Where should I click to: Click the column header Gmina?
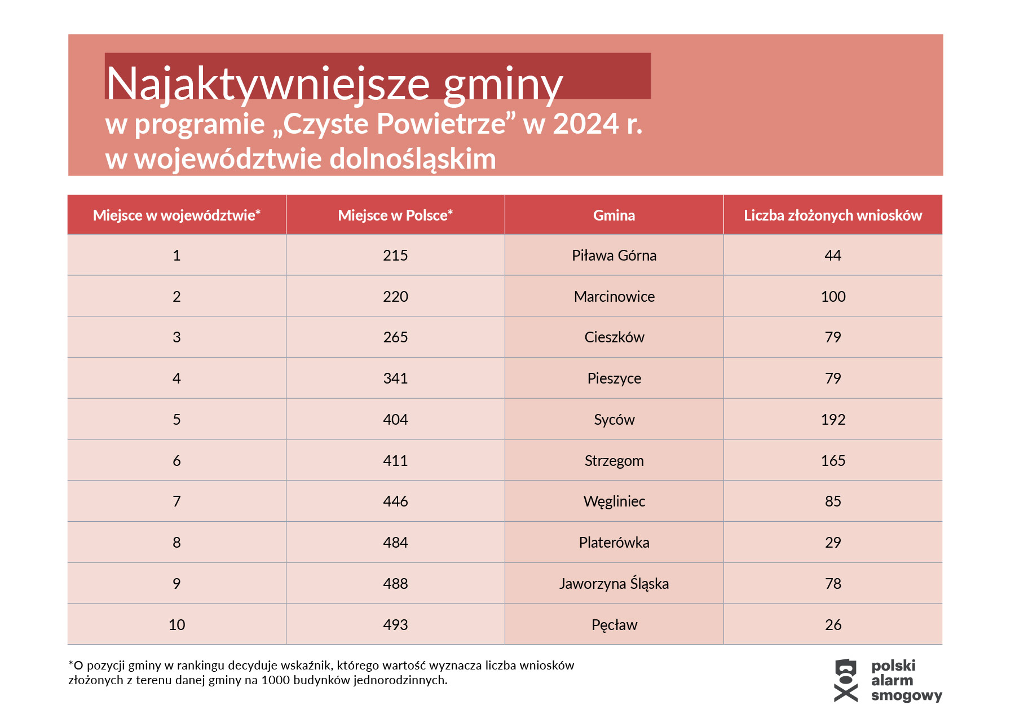click(x=614, y=215)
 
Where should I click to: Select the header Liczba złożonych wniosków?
click(x=832, y=215)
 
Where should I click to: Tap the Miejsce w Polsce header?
click(x=395, y=215)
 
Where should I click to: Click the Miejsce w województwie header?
click(x=176, y=215)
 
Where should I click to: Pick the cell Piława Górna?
click(x=614, y=256)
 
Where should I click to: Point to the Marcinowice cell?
click(x=614, y=297)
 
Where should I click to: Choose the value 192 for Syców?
click(x=833, y=420)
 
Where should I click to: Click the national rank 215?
click(x=395, y=256)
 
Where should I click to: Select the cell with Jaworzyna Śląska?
click(x=614, y=584)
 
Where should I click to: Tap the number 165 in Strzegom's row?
click(x=833, y=461)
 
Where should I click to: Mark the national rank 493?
click(x=395, y=625)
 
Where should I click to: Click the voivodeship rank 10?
click(x=176, y=625)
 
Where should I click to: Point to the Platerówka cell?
click(x=614, y=543)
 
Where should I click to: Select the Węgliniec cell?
click(x=614, y=501)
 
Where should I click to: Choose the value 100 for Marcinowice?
click(x=833, y=297)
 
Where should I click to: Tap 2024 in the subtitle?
click(x=585, y=124)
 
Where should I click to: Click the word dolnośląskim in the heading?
click(x=412, y=159)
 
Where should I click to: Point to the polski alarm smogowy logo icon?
click(x=845, y=680)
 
